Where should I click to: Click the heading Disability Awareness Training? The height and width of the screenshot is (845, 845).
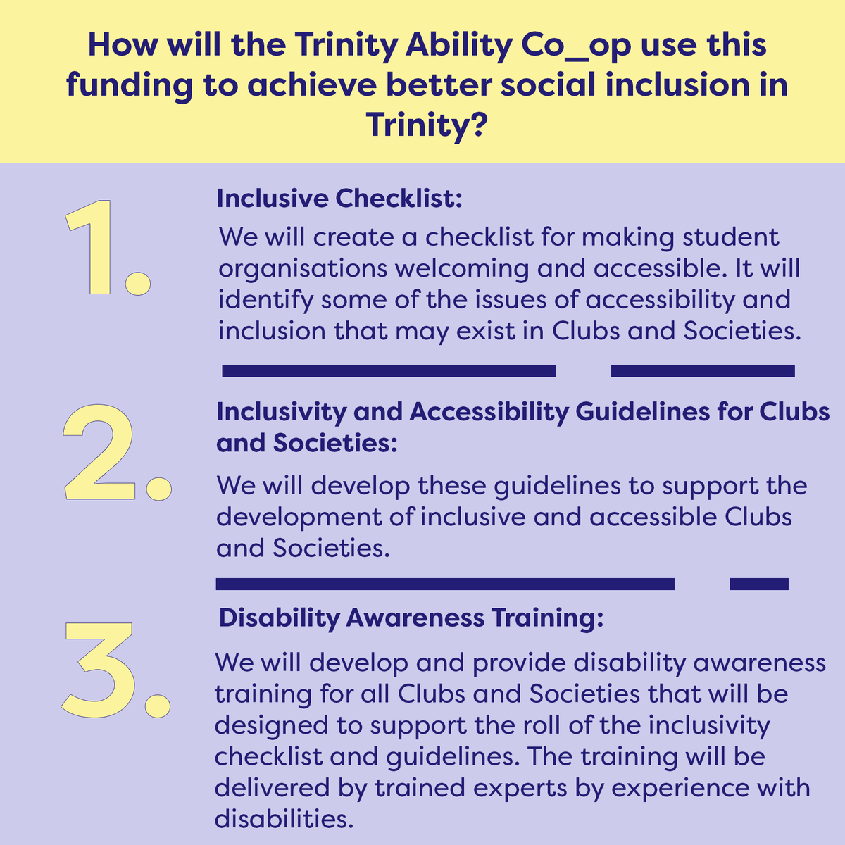[x=411, y=618]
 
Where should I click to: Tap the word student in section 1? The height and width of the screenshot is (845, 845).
[x=732, y=237]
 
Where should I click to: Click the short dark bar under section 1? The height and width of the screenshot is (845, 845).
[x=703, y=370]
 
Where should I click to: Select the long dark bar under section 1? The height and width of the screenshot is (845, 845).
[x=389, y=370]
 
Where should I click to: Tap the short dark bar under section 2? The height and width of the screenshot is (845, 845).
[x=759, y=583]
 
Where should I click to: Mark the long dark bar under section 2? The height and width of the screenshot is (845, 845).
[x=445, y=583]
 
